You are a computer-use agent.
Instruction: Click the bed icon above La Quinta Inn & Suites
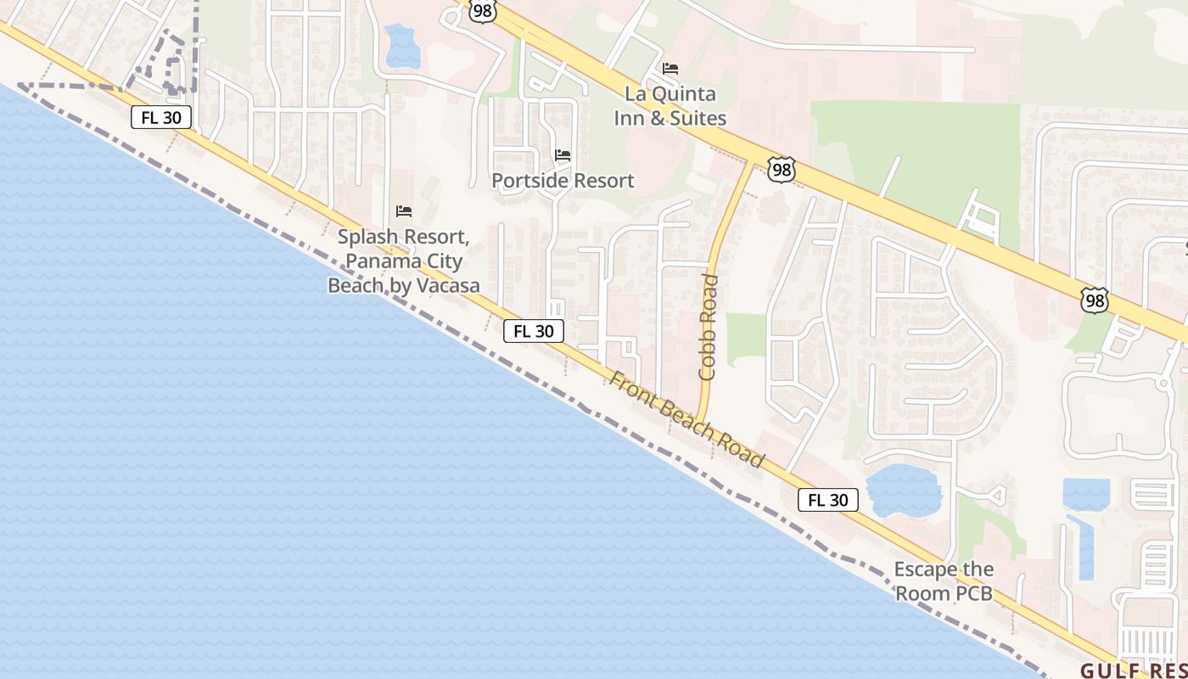(670, 69)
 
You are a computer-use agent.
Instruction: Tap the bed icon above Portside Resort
(563, 155)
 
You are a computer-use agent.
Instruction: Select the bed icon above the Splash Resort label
(404, 211)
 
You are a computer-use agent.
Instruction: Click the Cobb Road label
(708, 327)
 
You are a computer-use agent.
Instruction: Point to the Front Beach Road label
(686, 420)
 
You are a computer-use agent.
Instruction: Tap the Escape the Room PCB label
(944, 581)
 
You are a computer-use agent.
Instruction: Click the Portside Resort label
(563, 181)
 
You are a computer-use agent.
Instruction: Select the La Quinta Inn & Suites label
(670, 106)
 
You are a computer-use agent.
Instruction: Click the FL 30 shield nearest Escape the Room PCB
(828, 501)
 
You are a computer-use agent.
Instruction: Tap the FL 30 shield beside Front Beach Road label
(534, 331)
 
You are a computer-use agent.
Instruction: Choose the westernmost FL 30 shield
(161, 117)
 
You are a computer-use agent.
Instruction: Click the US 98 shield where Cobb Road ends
(781, 169)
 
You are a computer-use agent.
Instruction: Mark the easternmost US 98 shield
(1095, 300)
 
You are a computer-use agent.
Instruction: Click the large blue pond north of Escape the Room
(903, 491)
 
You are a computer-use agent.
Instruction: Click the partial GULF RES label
(1133, 668)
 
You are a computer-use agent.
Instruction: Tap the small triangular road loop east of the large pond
(996, 494)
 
